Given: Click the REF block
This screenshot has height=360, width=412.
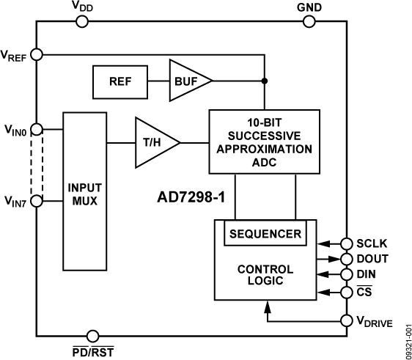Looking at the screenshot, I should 120,81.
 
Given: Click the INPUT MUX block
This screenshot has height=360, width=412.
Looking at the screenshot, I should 85,191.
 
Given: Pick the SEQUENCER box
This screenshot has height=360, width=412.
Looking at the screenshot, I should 265,234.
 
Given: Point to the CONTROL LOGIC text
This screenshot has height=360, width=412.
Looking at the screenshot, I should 265,274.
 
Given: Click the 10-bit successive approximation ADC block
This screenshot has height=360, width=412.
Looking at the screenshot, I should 264,141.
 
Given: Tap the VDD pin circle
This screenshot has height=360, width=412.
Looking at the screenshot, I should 82,21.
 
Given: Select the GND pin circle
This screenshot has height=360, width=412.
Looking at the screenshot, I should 306,21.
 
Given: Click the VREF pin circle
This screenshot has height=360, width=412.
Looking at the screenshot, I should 37,54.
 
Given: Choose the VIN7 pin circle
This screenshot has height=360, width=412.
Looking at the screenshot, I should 37,199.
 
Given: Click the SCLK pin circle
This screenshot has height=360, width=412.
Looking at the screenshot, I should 347,243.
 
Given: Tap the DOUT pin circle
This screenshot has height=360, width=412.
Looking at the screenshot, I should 347,259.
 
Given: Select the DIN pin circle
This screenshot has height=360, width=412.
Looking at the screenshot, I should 347,275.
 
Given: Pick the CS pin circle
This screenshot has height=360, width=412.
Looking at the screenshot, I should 347,293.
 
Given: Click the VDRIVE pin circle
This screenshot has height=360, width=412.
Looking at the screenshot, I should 347,320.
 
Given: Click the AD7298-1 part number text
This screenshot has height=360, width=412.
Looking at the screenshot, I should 191,197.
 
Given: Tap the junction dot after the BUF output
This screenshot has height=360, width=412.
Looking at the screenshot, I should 264,81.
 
